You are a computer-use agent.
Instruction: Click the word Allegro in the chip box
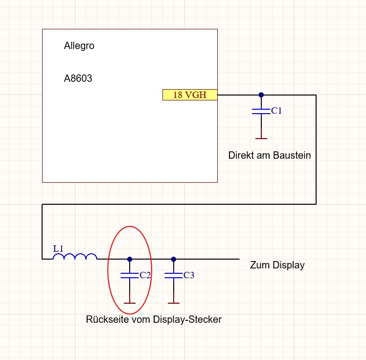[x=79, y=46]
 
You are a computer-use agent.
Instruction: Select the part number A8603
[x=78, y=78]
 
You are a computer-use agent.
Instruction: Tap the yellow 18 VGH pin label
[x=190, y=95]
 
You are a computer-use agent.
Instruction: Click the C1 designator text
[x=276, y=111]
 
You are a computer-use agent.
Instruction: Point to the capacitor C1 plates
[x=261, y=111]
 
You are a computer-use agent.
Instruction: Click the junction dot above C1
[x=261, y=95]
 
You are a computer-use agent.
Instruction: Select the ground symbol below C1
[x=261, y=138]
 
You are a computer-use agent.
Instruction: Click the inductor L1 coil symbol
[x=75, y=256]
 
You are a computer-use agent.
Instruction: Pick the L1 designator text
[x=58, y=249]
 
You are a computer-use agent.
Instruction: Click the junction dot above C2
[x=130, y=259]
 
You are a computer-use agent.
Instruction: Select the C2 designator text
[x=145, y=275]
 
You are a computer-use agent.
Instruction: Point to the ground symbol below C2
[x=130, y=302]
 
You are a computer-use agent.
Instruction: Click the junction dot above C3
[x=173, y=259]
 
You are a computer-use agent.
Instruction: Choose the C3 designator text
[x=189, y=275]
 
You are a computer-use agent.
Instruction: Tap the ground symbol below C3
[x=173, y=302]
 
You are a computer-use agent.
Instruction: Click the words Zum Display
[x=277, y=265]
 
